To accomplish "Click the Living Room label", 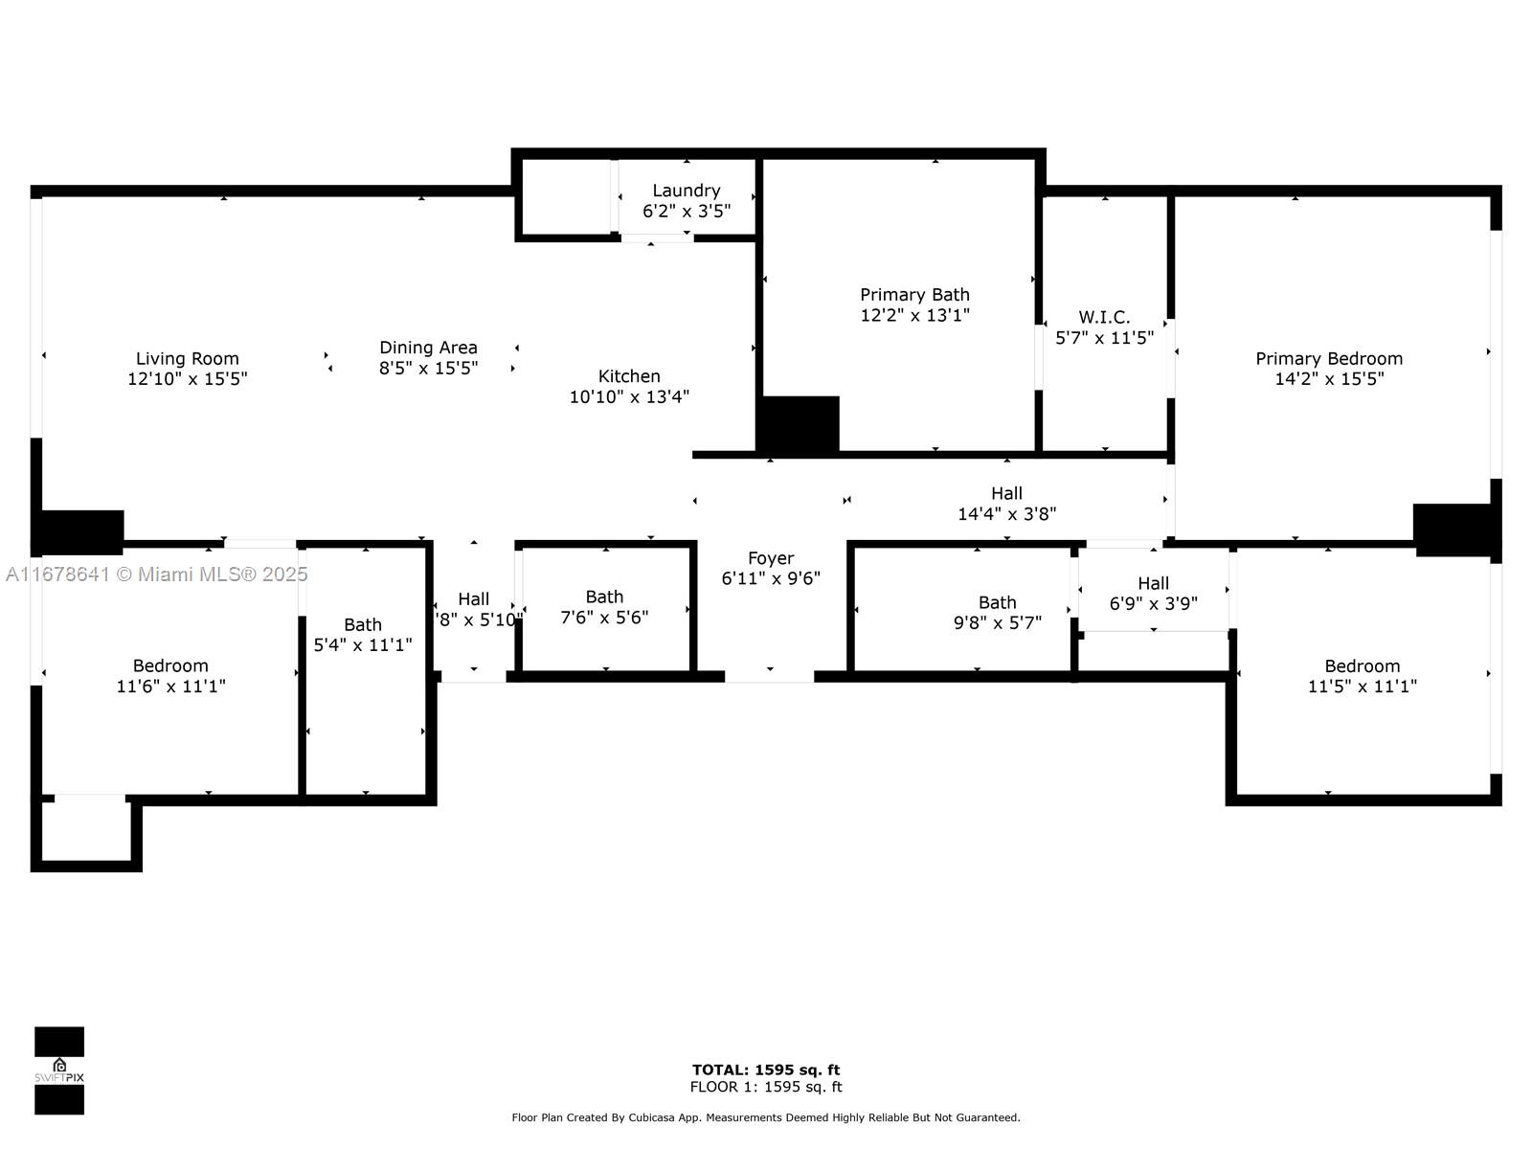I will point(187,359).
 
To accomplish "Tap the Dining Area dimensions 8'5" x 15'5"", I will point(428,368).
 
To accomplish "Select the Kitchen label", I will point(629,376).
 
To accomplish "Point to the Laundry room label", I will point(687,191).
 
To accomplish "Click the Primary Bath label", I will point(914,295).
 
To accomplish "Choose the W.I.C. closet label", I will point(1104,317).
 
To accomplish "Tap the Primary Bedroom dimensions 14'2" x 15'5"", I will point(1329,378).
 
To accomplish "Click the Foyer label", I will point(771,558).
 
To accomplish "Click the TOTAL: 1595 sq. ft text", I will point(766,1070).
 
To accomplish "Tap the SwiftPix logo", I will point(59,1070).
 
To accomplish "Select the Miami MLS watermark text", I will point(156,574).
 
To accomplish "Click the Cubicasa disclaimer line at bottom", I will point(766,1117).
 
